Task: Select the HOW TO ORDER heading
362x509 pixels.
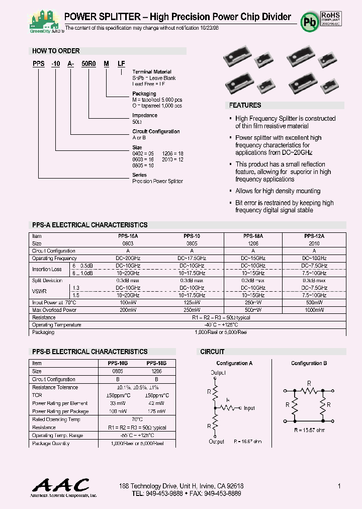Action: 56,51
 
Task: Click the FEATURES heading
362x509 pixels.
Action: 245,105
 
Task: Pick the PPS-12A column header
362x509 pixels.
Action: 314,235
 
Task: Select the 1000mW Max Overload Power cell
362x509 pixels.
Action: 314,310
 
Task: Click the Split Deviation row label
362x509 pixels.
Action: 47,280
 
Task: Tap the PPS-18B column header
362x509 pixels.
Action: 156,363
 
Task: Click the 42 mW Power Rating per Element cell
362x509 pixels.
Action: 156,403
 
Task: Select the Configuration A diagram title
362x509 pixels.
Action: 234,363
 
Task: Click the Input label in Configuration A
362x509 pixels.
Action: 249,408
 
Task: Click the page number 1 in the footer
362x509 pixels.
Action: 339,486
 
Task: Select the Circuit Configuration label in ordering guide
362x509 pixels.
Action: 156,131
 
